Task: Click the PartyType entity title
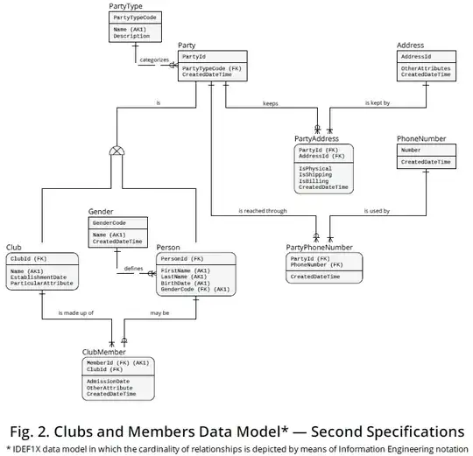(x=125, y=6)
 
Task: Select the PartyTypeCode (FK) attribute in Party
(x=210, y=67)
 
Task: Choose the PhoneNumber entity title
(x=421, y=138)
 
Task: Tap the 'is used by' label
(x=378, y=211)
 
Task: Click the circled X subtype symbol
(x=114, y=151)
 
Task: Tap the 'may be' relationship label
(x=160, y=312)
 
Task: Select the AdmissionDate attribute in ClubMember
(x=109, y=381)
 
